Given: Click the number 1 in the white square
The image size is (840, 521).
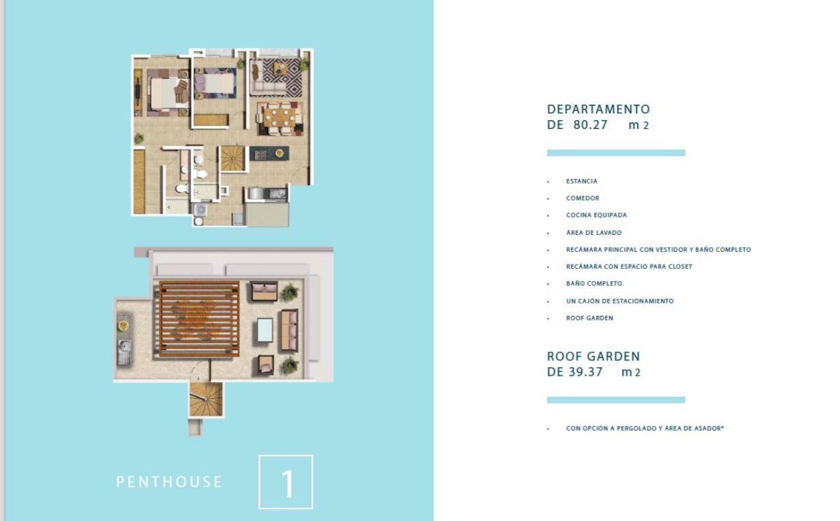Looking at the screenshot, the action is tap(287, 483).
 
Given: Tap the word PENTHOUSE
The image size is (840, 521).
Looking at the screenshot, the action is tap(169, 482).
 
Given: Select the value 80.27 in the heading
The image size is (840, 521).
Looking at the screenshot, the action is tap(590, 125).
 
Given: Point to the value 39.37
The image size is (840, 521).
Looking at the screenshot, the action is tap(585, 372).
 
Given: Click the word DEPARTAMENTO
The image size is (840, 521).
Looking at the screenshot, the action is tap(598, 109).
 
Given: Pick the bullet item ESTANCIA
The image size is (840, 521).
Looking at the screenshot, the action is tap(581, 182).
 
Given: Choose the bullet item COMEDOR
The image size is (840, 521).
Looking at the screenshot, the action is tap(583, 198).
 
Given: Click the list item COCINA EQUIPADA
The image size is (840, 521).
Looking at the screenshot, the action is tap(596, 215).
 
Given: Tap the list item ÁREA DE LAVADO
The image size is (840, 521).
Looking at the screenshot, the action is tap(594, 232).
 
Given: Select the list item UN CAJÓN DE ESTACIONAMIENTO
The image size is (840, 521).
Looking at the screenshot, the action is tap(620, 301).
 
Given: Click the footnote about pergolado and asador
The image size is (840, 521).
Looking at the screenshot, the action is tap(645, 428).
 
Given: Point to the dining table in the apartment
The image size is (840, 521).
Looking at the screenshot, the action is tap(280, 117).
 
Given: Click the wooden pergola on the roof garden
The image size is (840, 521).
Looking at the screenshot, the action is tap(199, 319).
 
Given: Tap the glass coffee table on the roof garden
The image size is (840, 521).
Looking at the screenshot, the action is tap(265, 330).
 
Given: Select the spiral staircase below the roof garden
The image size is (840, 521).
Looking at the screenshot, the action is tap(205, 400).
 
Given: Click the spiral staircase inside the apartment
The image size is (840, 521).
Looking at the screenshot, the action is tap(232, 159).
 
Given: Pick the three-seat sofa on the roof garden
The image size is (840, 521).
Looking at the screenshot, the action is tap(290, 331).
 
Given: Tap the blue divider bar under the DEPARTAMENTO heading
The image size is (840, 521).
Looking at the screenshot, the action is tap(616, 153).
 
